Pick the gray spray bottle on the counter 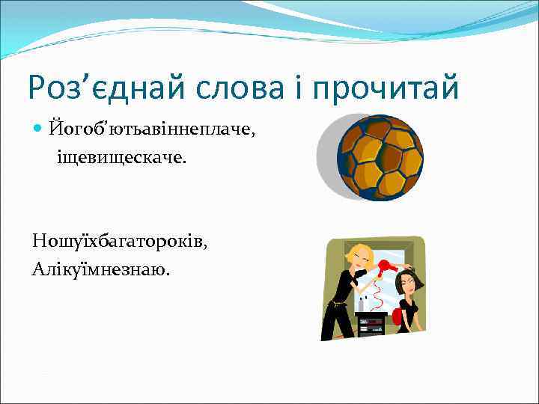[365, 304]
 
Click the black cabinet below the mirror [371, 325]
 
